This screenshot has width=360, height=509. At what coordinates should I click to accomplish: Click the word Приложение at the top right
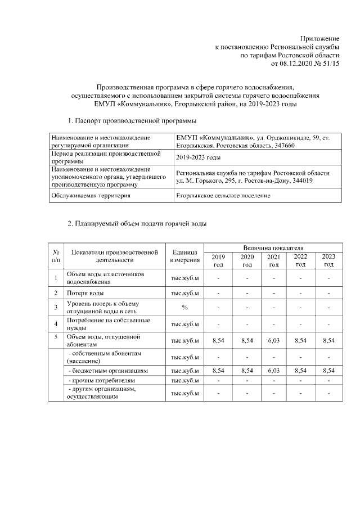click(x=319, y=37)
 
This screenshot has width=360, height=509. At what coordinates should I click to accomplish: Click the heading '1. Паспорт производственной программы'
click(x=132, y=121)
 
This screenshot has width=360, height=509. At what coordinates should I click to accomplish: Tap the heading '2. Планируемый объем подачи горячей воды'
click(x=137, y=224)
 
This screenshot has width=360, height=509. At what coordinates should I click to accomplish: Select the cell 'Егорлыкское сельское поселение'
click(x=231, y=196)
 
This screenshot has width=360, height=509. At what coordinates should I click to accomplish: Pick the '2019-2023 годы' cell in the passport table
click(x=197, y=157)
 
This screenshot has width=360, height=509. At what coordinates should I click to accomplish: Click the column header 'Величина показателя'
click(x=273, y=247)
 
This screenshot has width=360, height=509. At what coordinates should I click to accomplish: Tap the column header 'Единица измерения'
click(x=185, y=256)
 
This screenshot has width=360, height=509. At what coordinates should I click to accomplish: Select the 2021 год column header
click(x=273, y=260)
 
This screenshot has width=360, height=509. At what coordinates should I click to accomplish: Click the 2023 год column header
click(x=328, y=260)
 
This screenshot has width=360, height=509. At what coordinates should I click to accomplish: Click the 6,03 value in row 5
click(x=273, y=340)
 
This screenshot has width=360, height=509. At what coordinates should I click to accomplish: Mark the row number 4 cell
click(x=56, y=323)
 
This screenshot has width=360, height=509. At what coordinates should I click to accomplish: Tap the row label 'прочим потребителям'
click(x=93, y=381)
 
